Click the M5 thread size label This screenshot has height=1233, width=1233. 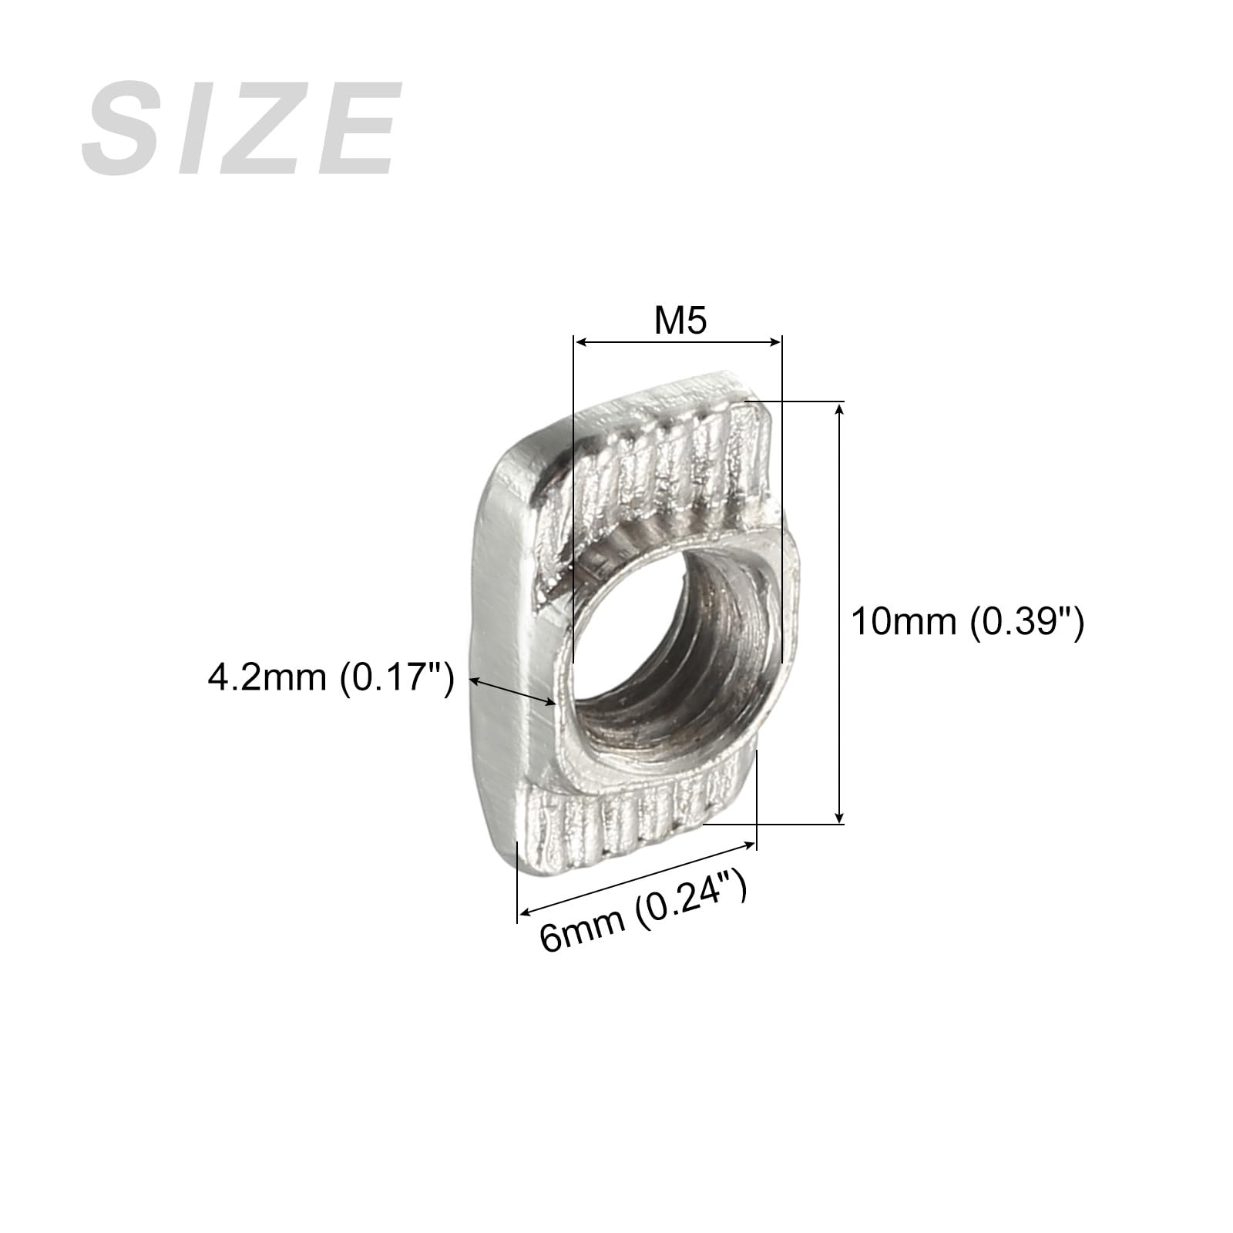680,321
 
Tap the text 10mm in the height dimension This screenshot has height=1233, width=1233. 902,621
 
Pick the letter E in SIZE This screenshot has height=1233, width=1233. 355,129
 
